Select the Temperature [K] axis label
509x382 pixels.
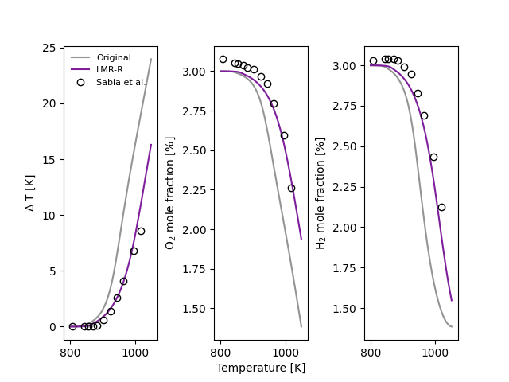pos(261,368)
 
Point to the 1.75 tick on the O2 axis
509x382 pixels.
pos(196,269)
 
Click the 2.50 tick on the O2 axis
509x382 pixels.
pos(196,150)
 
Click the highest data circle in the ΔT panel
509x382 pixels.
pos(141,231)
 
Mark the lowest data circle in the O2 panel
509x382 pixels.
pos(291,189)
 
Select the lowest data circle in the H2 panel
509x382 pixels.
pos(441,207)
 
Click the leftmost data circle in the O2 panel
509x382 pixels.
pos(223,59)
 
